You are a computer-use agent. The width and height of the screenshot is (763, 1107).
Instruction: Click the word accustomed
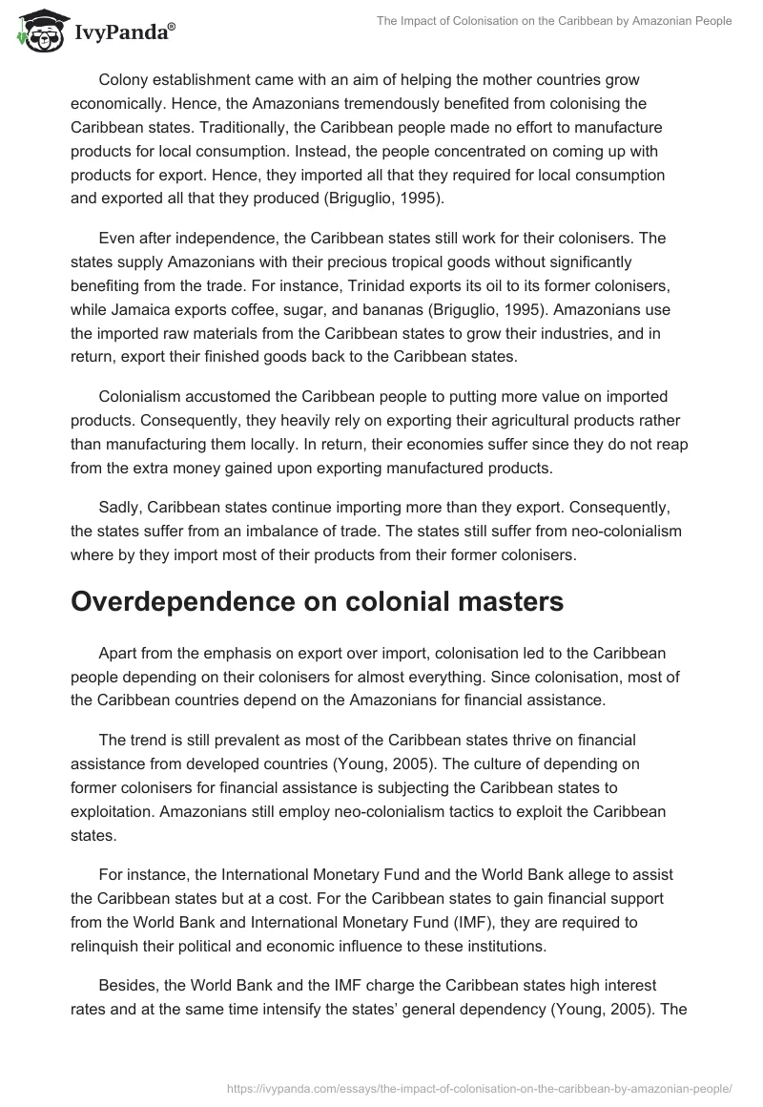(x=228, y=396)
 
